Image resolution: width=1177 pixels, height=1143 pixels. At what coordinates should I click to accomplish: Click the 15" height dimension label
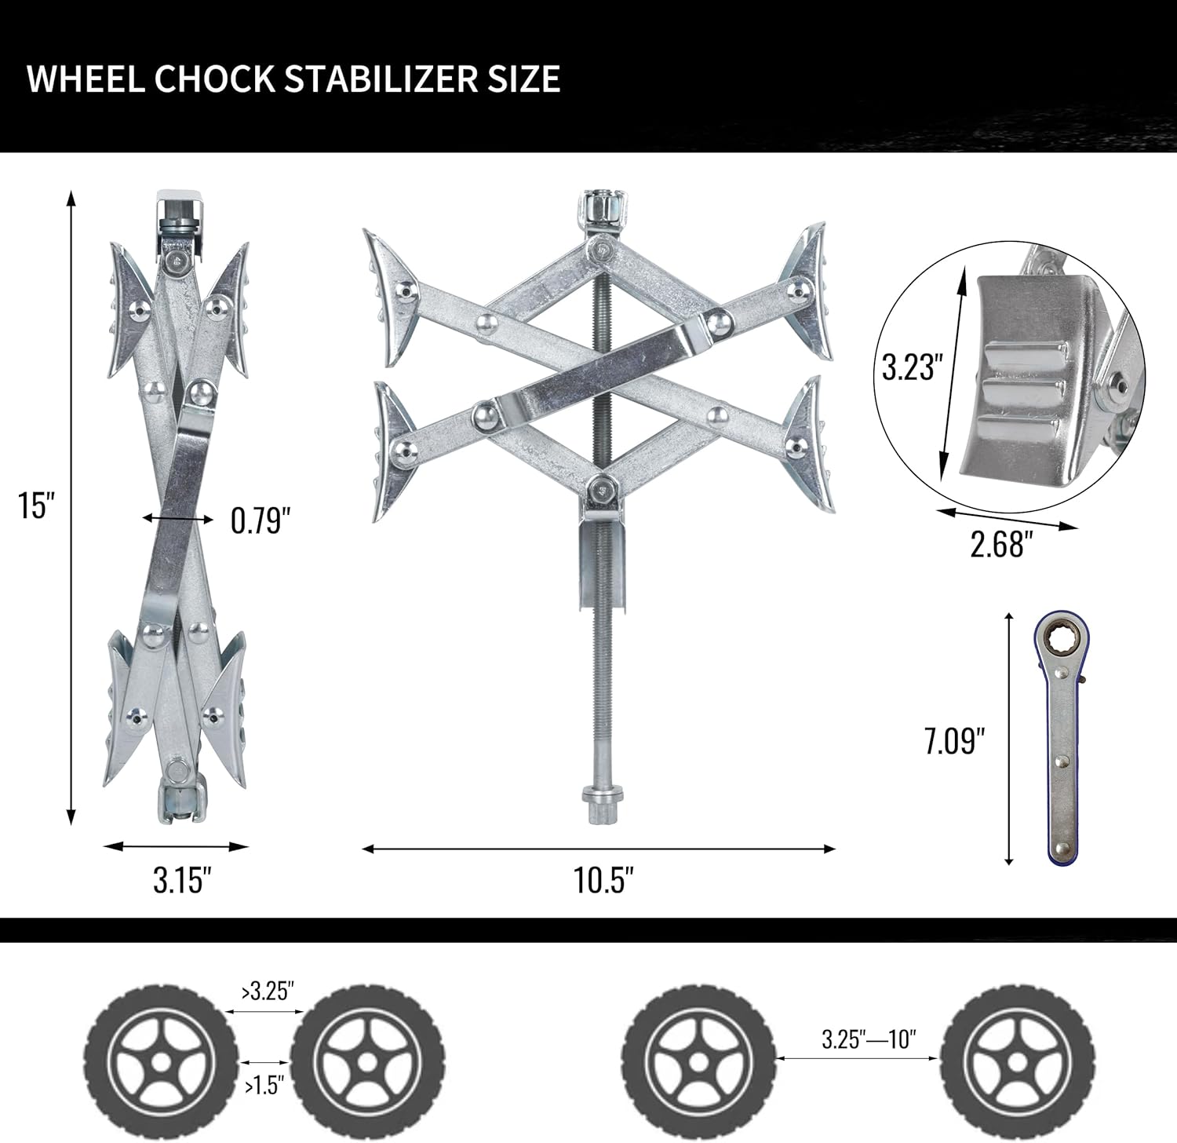pos(35,505)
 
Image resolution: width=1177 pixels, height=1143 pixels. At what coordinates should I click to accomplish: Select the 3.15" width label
pos(182,880)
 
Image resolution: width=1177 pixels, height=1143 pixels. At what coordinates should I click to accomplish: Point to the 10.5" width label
pos(603,880)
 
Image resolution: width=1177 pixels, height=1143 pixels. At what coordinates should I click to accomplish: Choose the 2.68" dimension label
pos(997,544)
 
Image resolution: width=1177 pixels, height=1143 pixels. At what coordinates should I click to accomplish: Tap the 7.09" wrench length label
pos(953,740)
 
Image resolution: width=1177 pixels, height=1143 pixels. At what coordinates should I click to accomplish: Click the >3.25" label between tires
pos(268,991)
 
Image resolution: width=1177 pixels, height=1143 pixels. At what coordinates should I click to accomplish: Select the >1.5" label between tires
pos(264,1087)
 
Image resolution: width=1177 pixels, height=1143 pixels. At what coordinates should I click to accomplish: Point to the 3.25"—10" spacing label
pos(869,1039)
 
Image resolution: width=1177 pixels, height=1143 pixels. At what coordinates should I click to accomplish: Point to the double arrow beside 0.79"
pos(177,518)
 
